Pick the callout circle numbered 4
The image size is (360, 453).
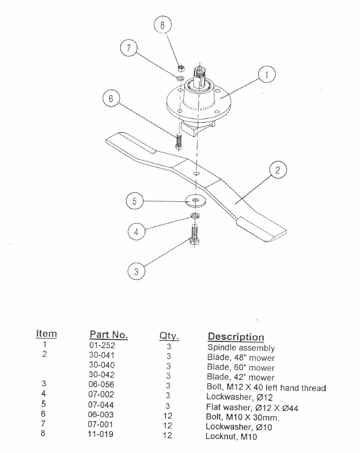[134, 230]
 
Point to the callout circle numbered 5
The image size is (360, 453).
[134, 201]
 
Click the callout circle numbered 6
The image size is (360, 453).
[111, 99]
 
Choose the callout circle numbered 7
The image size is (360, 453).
[129, 49]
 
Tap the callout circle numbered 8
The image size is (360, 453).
[162, 25]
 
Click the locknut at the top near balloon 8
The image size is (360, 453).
[181, 68]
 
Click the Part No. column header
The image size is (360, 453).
[109, 335]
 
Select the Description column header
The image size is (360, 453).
[236, 337]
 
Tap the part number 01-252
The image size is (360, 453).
[101, 346]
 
